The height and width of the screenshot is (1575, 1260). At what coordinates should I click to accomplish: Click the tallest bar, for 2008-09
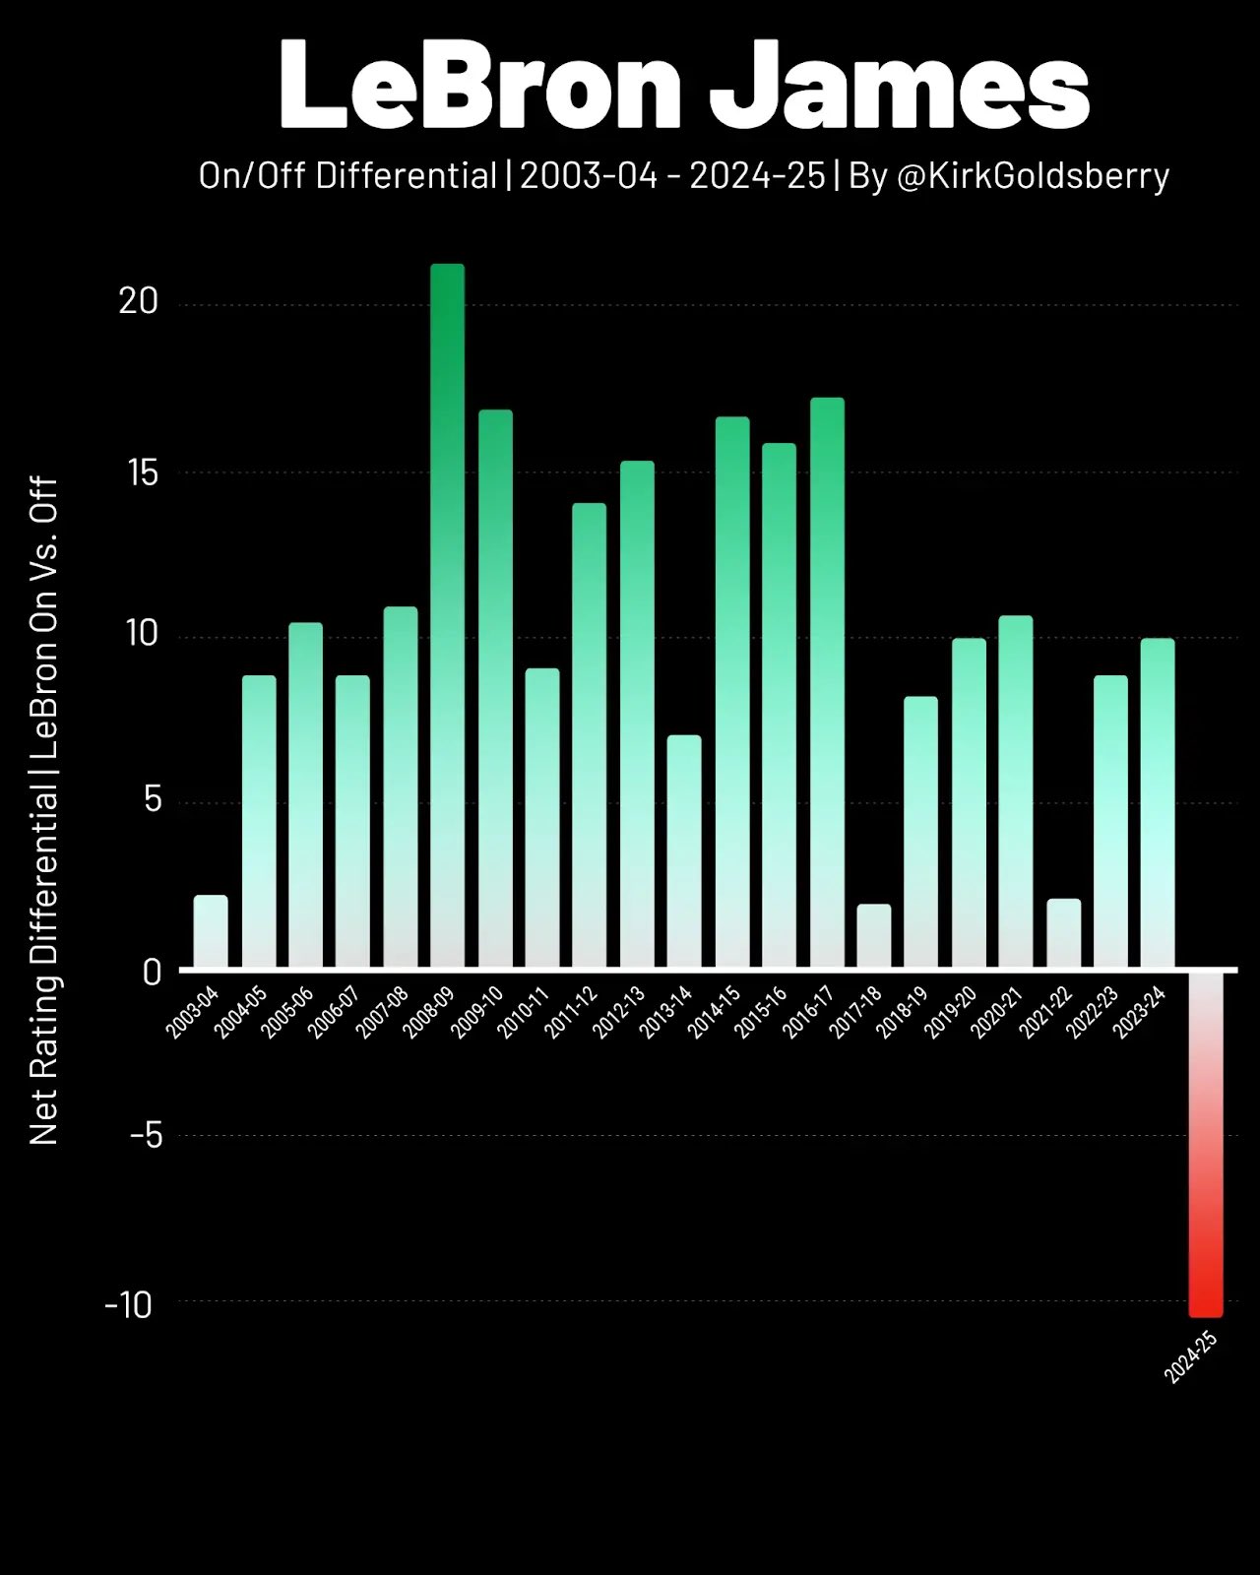pyautogui.click(x=447, y=615)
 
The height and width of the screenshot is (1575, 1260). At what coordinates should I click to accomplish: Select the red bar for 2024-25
pyautogui.click(x=1206, y=1142)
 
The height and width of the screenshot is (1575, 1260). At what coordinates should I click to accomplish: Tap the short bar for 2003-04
pyautogui.click(x=211, y=931)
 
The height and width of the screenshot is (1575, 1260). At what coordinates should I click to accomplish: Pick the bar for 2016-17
pyautogui.click(x=827, y=683)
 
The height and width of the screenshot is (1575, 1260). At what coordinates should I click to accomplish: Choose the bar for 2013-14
pyautogui.click(x=684, y=851)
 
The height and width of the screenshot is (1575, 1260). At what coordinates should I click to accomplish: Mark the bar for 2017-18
pyautogui.click(x=874, y=936)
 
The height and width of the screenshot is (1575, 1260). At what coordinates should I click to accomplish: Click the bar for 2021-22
pyautogui.click(x=1063, y=933)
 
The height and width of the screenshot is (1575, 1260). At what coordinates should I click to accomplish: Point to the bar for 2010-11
pyautogui.click(x=542, y=818)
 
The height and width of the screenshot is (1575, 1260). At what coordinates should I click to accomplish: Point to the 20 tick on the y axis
pyautogui.click(x=139, y=301)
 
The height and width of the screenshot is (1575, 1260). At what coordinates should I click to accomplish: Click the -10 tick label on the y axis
pyautogui.click(x=129, y=1305)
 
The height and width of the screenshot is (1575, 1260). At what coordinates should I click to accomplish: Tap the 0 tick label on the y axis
pyautogui.click(x=151, y=973)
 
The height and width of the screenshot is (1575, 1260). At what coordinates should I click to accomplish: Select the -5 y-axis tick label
pyautogui.click(x=145, y=1136)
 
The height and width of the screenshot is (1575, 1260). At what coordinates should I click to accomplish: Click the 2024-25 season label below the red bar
pyautogui.click(x=1190, y=1357)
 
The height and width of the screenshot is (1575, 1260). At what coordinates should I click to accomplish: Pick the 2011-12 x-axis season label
pyautogui.click(x=571, y=1011)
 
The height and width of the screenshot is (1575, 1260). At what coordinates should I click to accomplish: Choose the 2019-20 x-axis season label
pyautogui.click(x=951, y=1011)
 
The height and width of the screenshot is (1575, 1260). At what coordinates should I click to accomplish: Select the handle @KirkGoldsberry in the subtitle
pyautogui.click(x=1033, y=176)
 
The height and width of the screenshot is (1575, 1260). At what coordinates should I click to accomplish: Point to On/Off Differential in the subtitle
pyautogui.click(x=347, y=176)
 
